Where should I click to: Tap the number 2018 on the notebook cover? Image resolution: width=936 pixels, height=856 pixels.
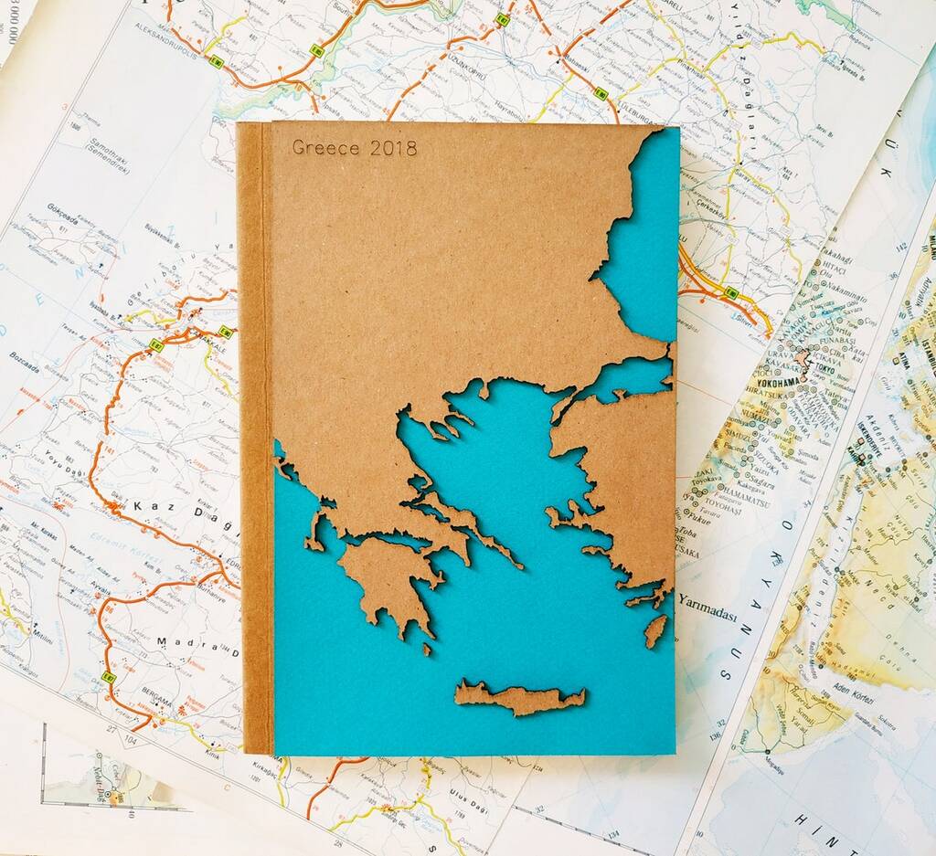click(x=393, y=148)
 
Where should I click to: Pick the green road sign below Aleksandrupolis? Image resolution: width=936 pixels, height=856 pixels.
click(x=217, y=62)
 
